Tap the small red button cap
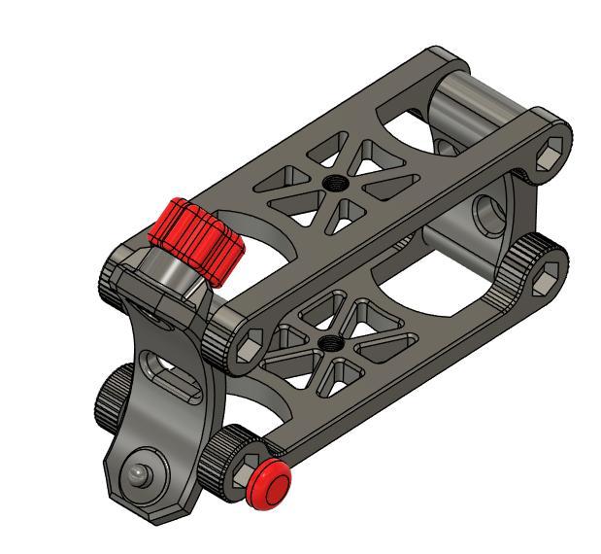click(267, 484)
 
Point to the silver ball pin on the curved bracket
click(138, 475)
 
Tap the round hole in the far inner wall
click(484, 208)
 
